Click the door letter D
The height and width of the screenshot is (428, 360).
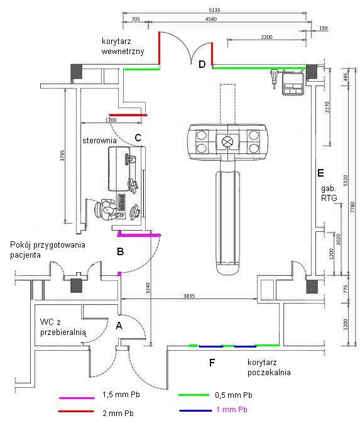click(202, 64)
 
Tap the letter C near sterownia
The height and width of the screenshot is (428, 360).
click(138, 138)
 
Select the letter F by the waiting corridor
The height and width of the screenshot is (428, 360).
click(212, 363)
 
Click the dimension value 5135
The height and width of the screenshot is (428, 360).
click(214, 10)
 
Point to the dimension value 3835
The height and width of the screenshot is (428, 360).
click(189, 296)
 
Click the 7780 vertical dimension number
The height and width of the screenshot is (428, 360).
click(352, 208)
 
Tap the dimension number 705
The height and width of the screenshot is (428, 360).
click(136, 19)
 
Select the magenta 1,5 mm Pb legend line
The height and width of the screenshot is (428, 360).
click(77, 398)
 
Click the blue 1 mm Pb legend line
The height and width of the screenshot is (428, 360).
click(195, 410)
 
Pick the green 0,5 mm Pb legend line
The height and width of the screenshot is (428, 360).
click(194, 395)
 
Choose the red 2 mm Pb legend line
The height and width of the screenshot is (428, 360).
click(77, 412)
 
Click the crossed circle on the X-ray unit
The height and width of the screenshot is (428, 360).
click(227, 141)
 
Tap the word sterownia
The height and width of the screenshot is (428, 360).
click(99, 141)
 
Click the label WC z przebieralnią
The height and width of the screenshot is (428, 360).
click(63, 327)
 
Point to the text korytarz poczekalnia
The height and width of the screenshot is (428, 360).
click(269, 368)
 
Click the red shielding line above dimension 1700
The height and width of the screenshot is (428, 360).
click(128, 115)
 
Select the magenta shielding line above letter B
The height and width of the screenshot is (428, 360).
click(139, 235)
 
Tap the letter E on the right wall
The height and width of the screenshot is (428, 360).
click(320, 173)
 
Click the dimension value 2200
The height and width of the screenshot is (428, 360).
click(266, 37)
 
